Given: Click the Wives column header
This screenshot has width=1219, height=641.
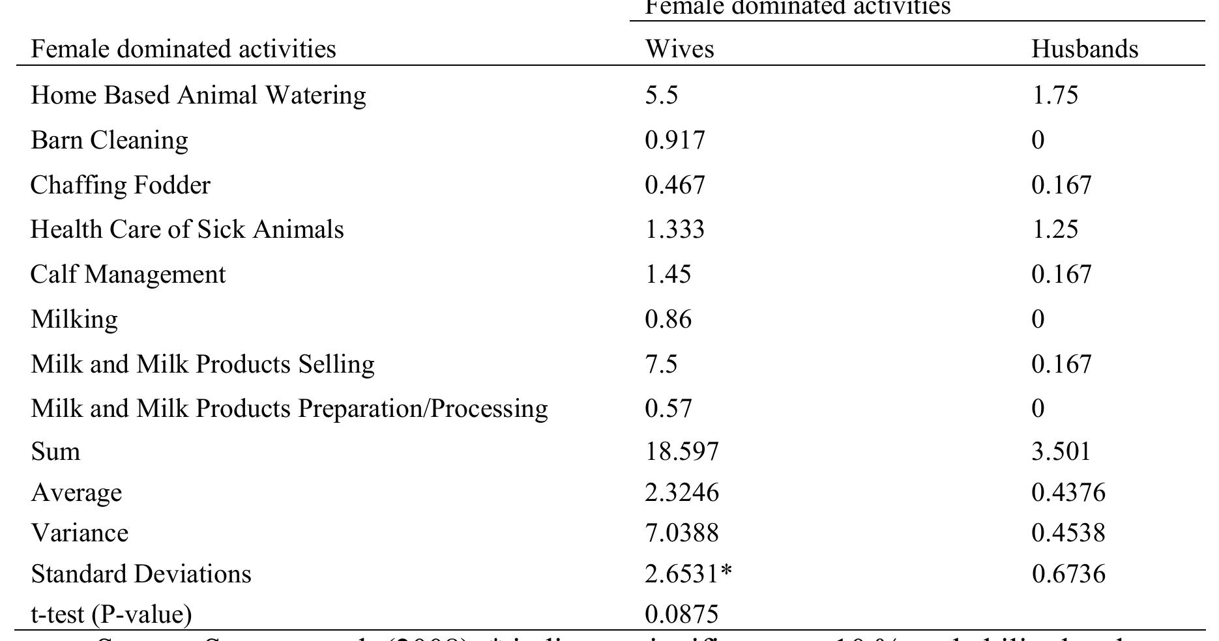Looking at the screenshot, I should tap(679, 50).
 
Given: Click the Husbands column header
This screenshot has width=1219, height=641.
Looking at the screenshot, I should tap(1085, 50).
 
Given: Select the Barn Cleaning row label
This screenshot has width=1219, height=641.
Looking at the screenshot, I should tap(110, 140).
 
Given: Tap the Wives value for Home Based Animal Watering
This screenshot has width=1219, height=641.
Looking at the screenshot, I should tap(662, 95).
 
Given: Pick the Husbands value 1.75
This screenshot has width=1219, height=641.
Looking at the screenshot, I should tap(1055, 95).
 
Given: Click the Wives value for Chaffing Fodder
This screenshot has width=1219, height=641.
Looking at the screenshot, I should tap(675, 185).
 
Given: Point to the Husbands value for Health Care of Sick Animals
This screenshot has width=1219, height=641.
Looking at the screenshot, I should tap(1055, 229).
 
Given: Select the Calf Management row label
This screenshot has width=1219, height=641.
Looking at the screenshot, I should tap(128, 274).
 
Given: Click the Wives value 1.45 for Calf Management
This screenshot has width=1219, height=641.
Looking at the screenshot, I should tap(668, 274).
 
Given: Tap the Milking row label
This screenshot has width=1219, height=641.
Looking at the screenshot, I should tap(74, 319).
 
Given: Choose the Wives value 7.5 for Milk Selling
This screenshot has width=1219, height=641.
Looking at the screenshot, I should tap(661, 363).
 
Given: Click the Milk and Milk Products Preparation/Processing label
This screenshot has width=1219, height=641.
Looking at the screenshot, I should tap(289, 408).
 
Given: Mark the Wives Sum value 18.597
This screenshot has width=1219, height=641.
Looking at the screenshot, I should tap(682, 451).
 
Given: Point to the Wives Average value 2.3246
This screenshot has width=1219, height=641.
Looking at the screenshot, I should tap(682, 492).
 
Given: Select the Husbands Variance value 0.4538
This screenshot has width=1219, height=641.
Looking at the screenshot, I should tap(1068, 533).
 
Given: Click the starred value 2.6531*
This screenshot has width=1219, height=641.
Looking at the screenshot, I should tap(688, 574).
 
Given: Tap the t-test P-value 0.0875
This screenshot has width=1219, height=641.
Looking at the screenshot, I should tap(682, 614).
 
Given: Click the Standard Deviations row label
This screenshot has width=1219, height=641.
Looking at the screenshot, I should tap(141, 574).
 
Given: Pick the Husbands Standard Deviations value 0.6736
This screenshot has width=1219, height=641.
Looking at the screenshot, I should tap(1068, 574).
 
